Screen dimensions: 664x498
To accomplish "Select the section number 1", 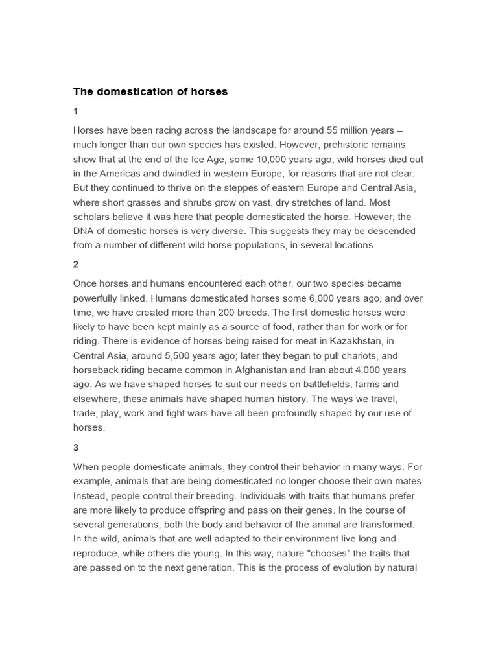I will tap(75, 112).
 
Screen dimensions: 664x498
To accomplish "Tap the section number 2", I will tap(75, 265).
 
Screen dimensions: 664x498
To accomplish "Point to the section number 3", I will tap(75, 447).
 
